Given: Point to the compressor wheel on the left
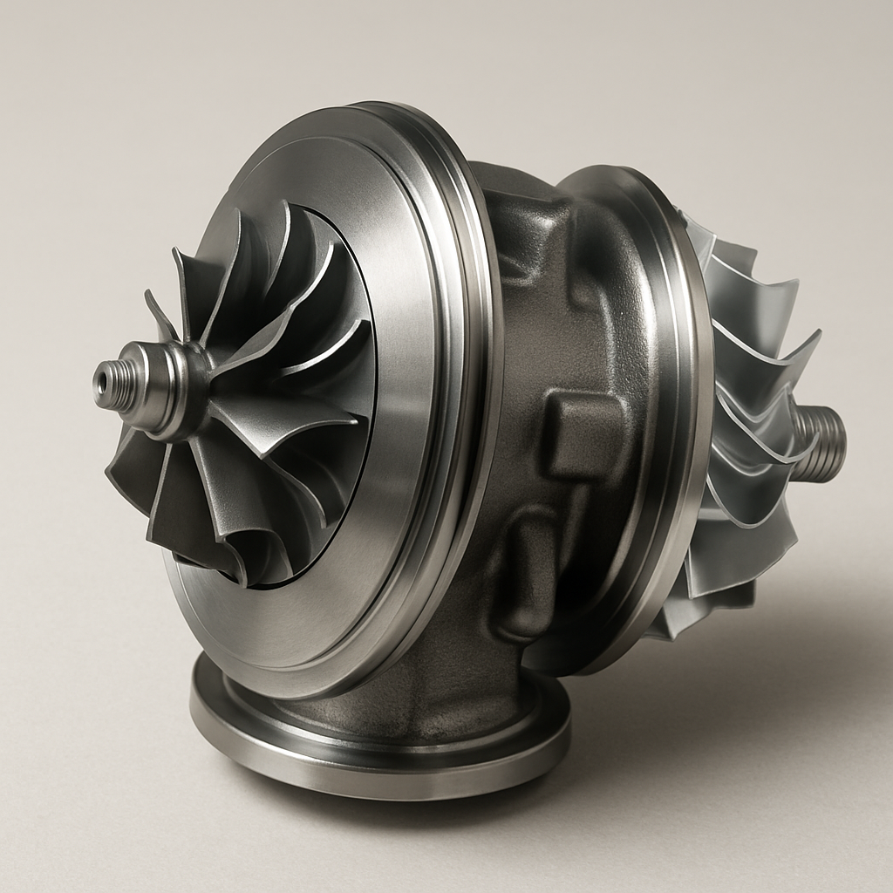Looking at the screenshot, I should coord(253,392).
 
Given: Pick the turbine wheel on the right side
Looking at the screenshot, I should coord(741,419).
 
